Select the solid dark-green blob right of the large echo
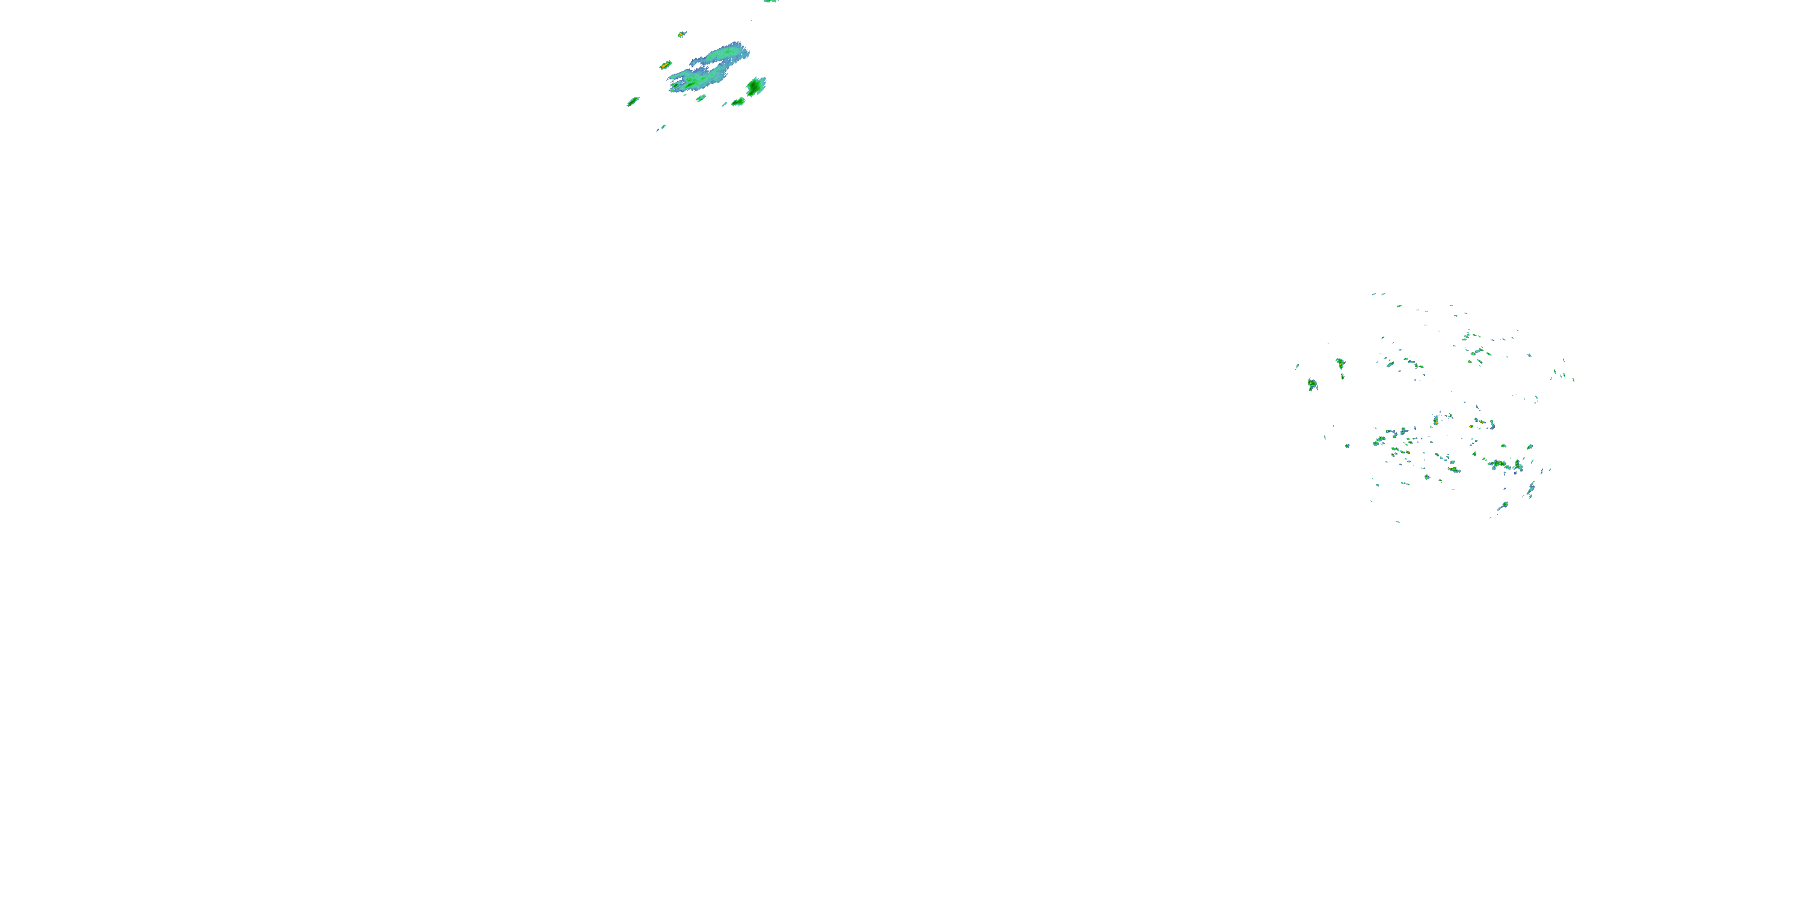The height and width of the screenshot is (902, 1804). tap(756, 86)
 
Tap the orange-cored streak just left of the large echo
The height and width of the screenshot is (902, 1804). tap(665, 65)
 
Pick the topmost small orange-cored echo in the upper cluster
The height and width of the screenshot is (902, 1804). tap(681, 34)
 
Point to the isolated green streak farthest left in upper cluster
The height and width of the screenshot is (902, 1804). tap(633, 102)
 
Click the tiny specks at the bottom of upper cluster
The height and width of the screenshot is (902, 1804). tap(660, 127)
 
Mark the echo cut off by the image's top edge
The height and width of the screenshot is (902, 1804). tap(770, 1)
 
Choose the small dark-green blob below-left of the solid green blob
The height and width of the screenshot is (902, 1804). tap(737, 102)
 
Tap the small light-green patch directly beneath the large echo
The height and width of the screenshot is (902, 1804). tap(701, 98)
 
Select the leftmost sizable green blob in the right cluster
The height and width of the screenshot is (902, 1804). tap(1312, 384)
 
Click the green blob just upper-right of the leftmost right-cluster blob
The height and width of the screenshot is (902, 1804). tap(1340, 363)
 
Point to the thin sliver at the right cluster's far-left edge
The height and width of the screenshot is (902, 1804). tap(1297, 366)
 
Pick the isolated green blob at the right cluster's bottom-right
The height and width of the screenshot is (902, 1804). tap(1503, 505)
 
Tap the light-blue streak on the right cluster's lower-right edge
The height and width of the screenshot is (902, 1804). tap(1531, 489)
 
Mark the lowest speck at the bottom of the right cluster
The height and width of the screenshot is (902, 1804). tap(1399, 521)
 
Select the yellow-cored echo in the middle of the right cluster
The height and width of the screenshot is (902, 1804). tap(1435, 421)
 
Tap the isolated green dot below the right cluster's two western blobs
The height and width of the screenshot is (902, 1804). tap(1348, 446)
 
